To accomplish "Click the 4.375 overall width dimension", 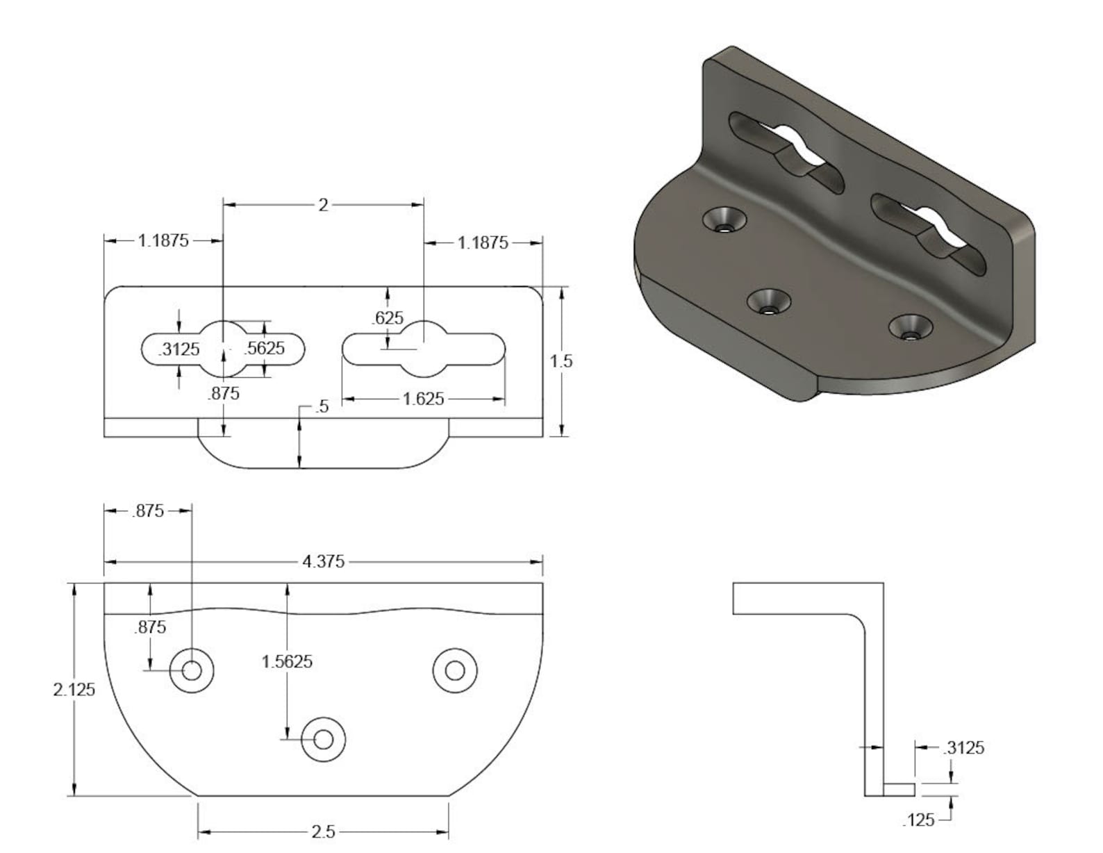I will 323,561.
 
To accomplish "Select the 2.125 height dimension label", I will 74,690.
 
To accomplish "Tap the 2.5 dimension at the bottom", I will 323,831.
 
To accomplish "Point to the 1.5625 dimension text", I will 287,661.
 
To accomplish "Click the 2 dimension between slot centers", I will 323,205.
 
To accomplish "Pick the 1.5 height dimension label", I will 561,361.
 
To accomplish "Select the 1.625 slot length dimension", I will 423,399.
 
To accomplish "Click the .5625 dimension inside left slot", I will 265,348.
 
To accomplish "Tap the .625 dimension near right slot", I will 388,318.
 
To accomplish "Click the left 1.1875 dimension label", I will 163,241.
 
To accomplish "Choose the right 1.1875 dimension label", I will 483,243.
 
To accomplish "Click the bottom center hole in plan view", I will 323,739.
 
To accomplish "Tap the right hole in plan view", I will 455,670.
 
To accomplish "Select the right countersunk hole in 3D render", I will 911,328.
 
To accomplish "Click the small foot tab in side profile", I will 899,789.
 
